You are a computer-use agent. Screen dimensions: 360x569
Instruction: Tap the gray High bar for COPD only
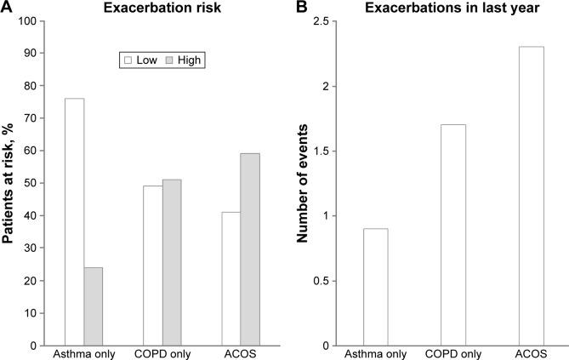pos(171,262)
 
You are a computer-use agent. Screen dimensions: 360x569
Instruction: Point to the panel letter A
pos(7,8)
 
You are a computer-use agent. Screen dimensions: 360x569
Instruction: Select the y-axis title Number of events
pos(301,182)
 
